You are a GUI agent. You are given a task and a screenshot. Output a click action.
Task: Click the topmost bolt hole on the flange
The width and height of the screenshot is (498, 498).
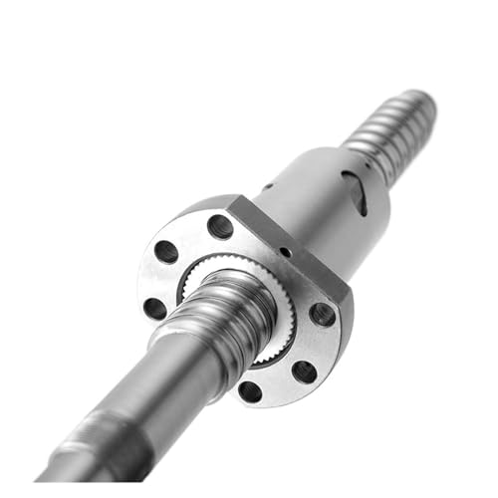click(220, 226)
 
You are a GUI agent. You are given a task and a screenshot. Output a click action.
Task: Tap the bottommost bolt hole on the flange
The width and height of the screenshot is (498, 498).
click(250, 391)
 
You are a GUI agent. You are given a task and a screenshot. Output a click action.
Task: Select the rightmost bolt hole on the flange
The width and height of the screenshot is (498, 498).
click(323, 314)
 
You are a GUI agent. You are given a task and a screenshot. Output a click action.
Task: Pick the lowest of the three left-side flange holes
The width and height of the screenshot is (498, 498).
click(155, 308)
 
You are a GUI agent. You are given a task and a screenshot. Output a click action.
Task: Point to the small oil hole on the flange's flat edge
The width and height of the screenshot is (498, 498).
click(285, 252)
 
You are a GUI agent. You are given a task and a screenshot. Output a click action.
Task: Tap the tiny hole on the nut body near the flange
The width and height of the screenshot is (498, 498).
click(268, 186)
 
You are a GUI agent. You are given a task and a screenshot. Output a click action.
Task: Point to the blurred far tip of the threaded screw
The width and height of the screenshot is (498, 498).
click(418, 105)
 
